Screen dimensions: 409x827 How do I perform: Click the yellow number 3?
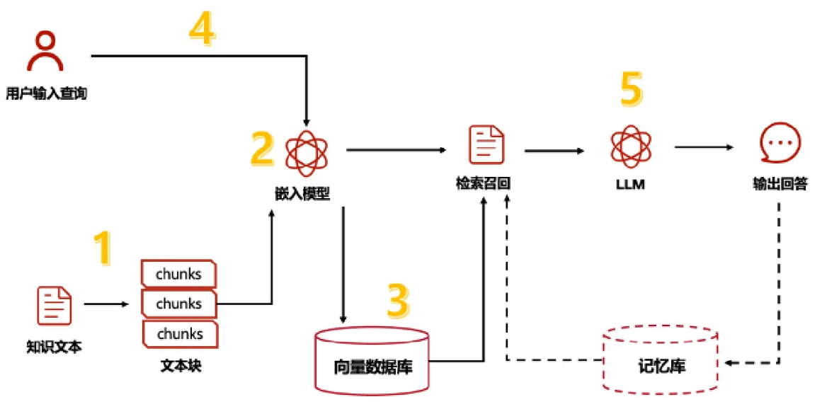pos(398,301)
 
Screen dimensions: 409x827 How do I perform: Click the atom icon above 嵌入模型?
pos(306,151)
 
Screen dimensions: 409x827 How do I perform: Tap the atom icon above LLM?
pos(630,145)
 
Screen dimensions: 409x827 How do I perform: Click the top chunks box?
pos(178,274)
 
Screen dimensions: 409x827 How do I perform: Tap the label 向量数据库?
pos(372,368)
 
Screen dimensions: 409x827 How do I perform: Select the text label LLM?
pos(629,185)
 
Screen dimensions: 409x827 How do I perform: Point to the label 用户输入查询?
pos(46,93)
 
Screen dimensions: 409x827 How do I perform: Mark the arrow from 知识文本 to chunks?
pos(106,305)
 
